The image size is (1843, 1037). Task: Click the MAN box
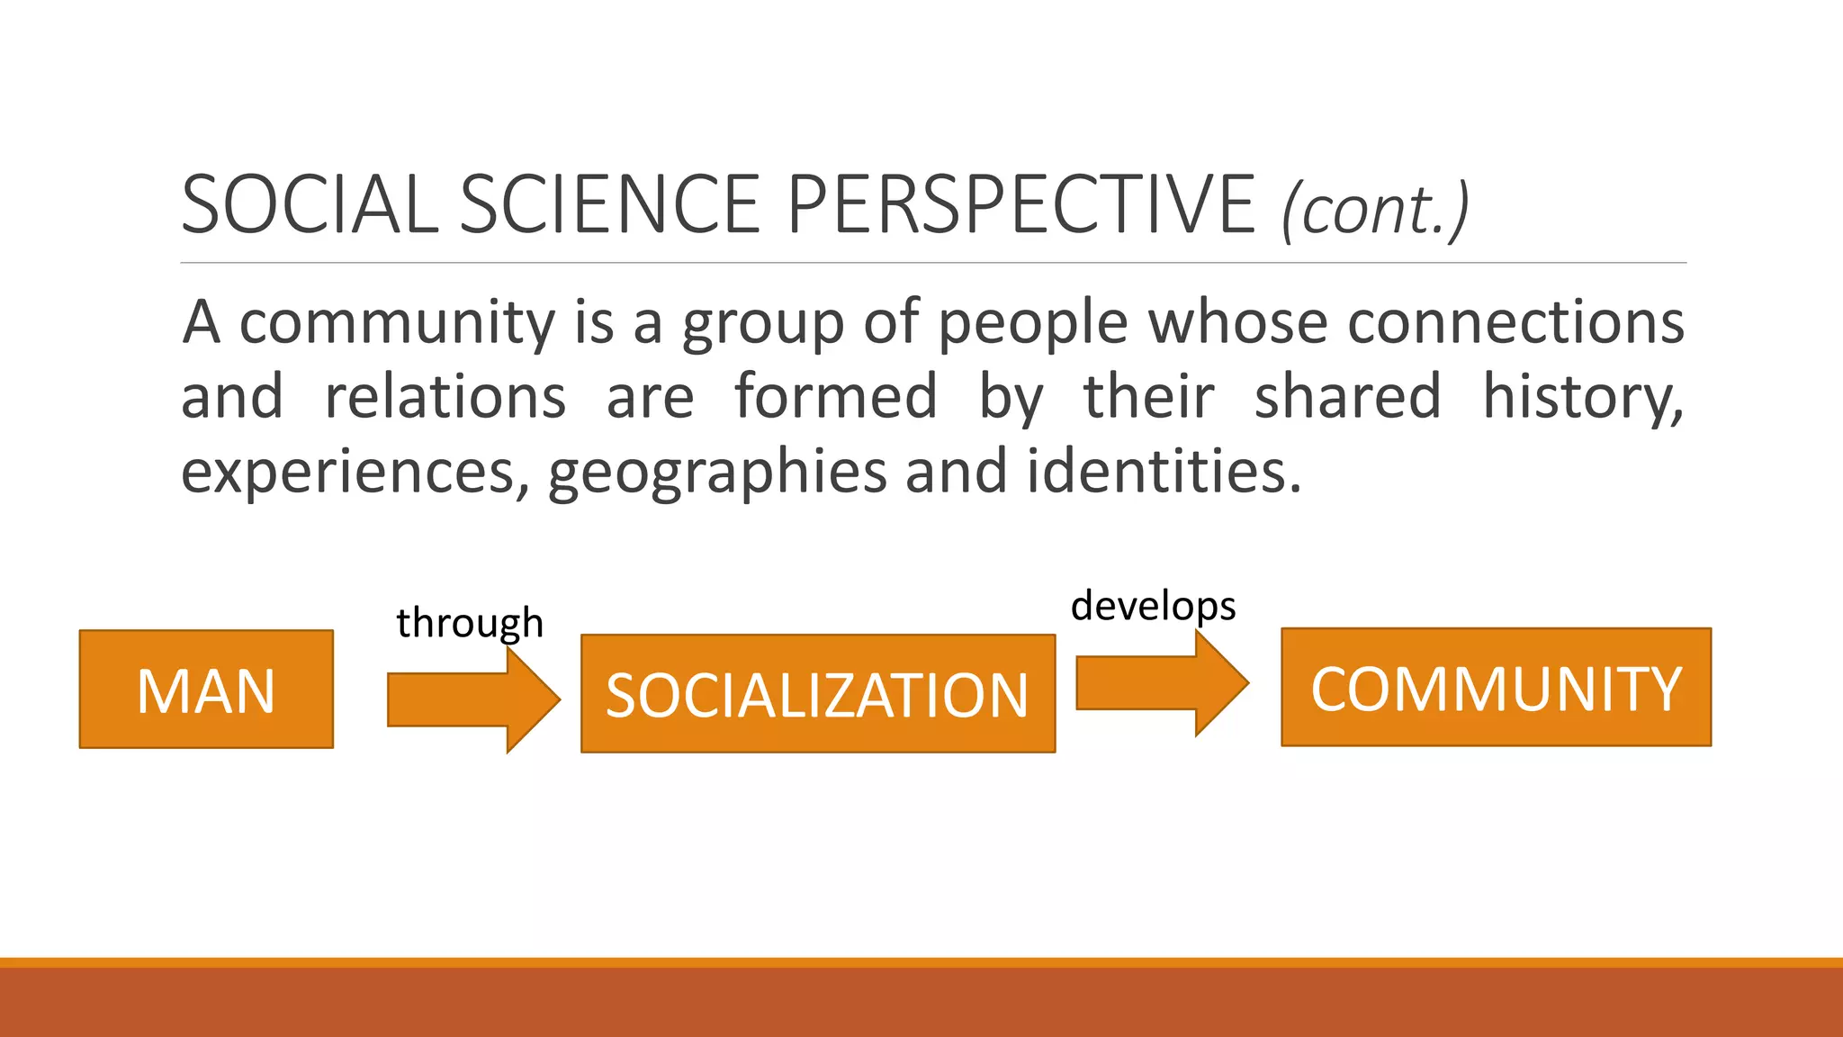(206, 690)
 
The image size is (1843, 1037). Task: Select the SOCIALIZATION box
(817, 694)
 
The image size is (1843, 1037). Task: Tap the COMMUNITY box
(1496, 688)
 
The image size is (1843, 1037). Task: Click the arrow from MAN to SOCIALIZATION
(472, 699)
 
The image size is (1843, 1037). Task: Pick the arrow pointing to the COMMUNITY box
(1161, 683)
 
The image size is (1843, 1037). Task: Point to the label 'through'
(470, 623)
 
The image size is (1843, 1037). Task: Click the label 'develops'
(1153, 606)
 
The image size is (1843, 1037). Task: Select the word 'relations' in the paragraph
(445, 396)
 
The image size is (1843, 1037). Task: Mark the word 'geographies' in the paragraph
(717, 471)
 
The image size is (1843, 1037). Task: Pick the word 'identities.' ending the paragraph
(1164, 471)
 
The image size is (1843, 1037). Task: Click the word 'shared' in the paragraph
(1347, 396)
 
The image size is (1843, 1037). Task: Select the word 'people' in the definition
(1032, 322)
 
